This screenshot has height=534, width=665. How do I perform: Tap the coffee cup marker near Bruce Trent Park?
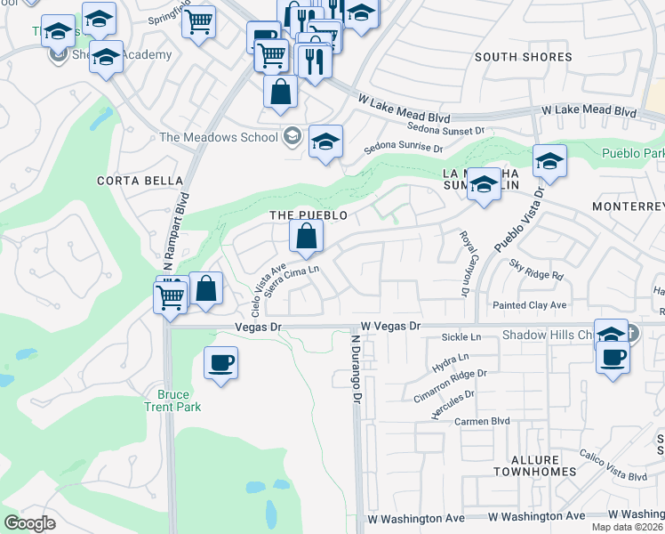[x=220, y=363]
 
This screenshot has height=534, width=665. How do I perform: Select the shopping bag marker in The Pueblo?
[x=305, y=238]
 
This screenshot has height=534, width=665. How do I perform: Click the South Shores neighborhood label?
[x=523, y=57]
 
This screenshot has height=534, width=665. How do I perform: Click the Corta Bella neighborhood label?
[x=132, y=180]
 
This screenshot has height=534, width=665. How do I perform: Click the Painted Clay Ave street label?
[x=530, y=305]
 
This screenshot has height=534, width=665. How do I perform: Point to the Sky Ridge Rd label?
[x=536, y=270]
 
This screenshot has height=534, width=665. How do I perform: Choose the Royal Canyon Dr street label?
[x=464, y=262]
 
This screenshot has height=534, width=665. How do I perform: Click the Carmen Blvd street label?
[x=483, y=421]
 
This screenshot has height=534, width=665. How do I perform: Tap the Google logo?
[x=29, y=522]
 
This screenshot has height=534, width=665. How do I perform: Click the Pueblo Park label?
[x=632, y=154]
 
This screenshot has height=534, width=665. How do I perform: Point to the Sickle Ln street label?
[x=461, y=337]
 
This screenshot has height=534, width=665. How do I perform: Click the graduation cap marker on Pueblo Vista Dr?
[x=549, y=162]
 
